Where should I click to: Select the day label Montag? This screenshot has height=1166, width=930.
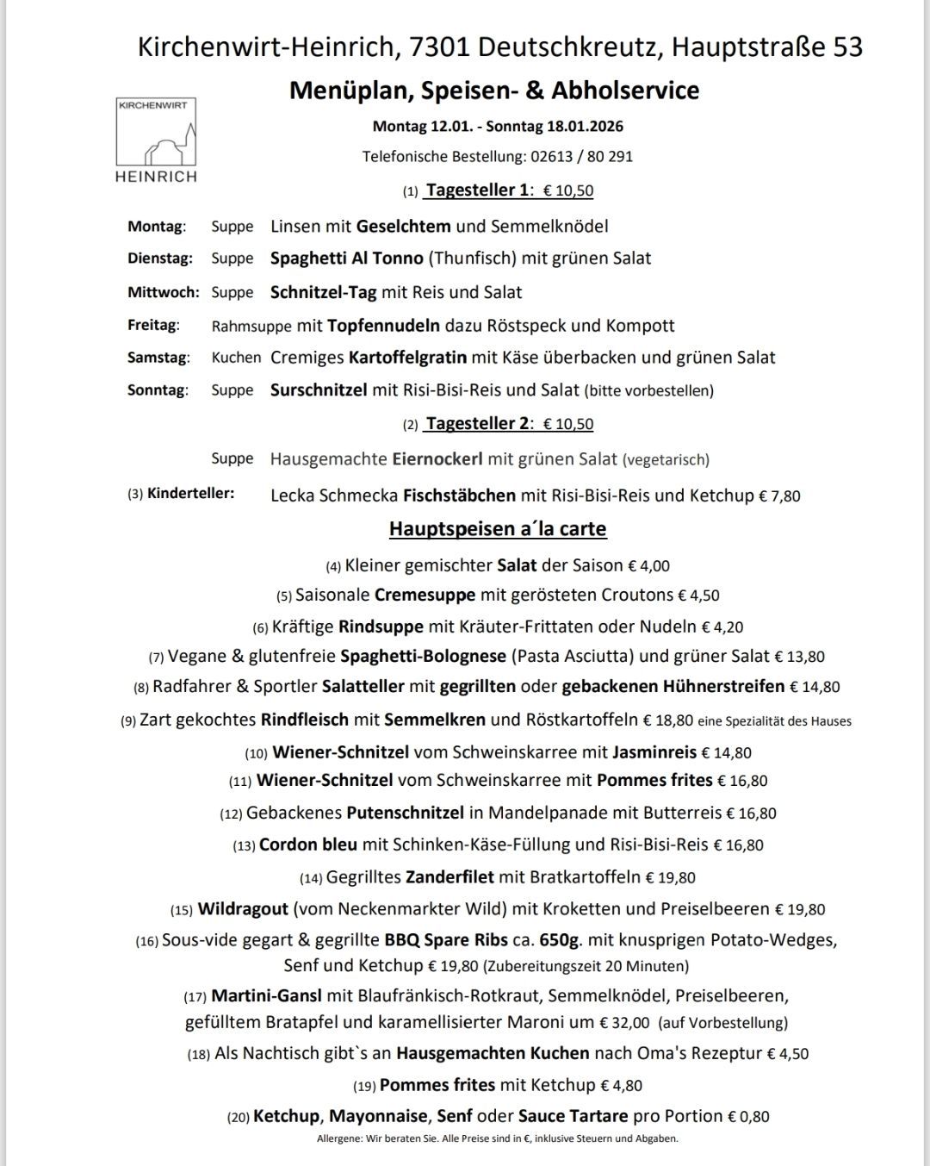pyautogui.click(x=156, y=227)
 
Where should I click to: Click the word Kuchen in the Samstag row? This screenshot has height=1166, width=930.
pyautogui.click(x=236, y=358)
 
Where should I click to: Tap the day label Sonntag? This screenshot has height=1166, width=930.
pyautogui.click(x=157, y=390)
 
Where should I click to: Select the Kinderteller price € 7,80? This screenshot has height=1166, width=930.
pyautogui.click(x=779, y=496)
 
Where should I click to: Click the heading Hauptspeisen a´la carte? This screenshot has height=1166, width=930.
pyautogui.click(x=498, y=528)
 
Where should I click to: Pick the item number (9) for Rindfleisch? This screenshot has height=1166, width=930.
pyautogui.click(x=128, y=721)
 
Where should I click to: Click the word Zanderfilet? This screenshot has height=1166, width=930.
pyautogui.click(x=449, y=877)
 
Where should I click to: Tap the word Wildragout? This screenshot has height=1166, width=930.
pyautogui.click(x=243, y=909)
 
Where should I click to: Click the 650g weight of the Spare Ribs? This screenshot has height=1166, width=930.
pyautogui.click(x=565, y=939)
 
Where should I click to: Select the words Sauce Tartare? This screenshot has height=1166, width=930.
pyautogui.click(x=573, y=1116)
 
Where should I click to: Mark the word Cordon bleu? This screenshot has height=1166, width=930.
pyautogui.click(x=308, y=845)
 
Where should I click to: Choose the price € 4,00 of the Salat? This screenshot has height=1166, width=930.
pyautogui.click(x=648, y=566)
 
